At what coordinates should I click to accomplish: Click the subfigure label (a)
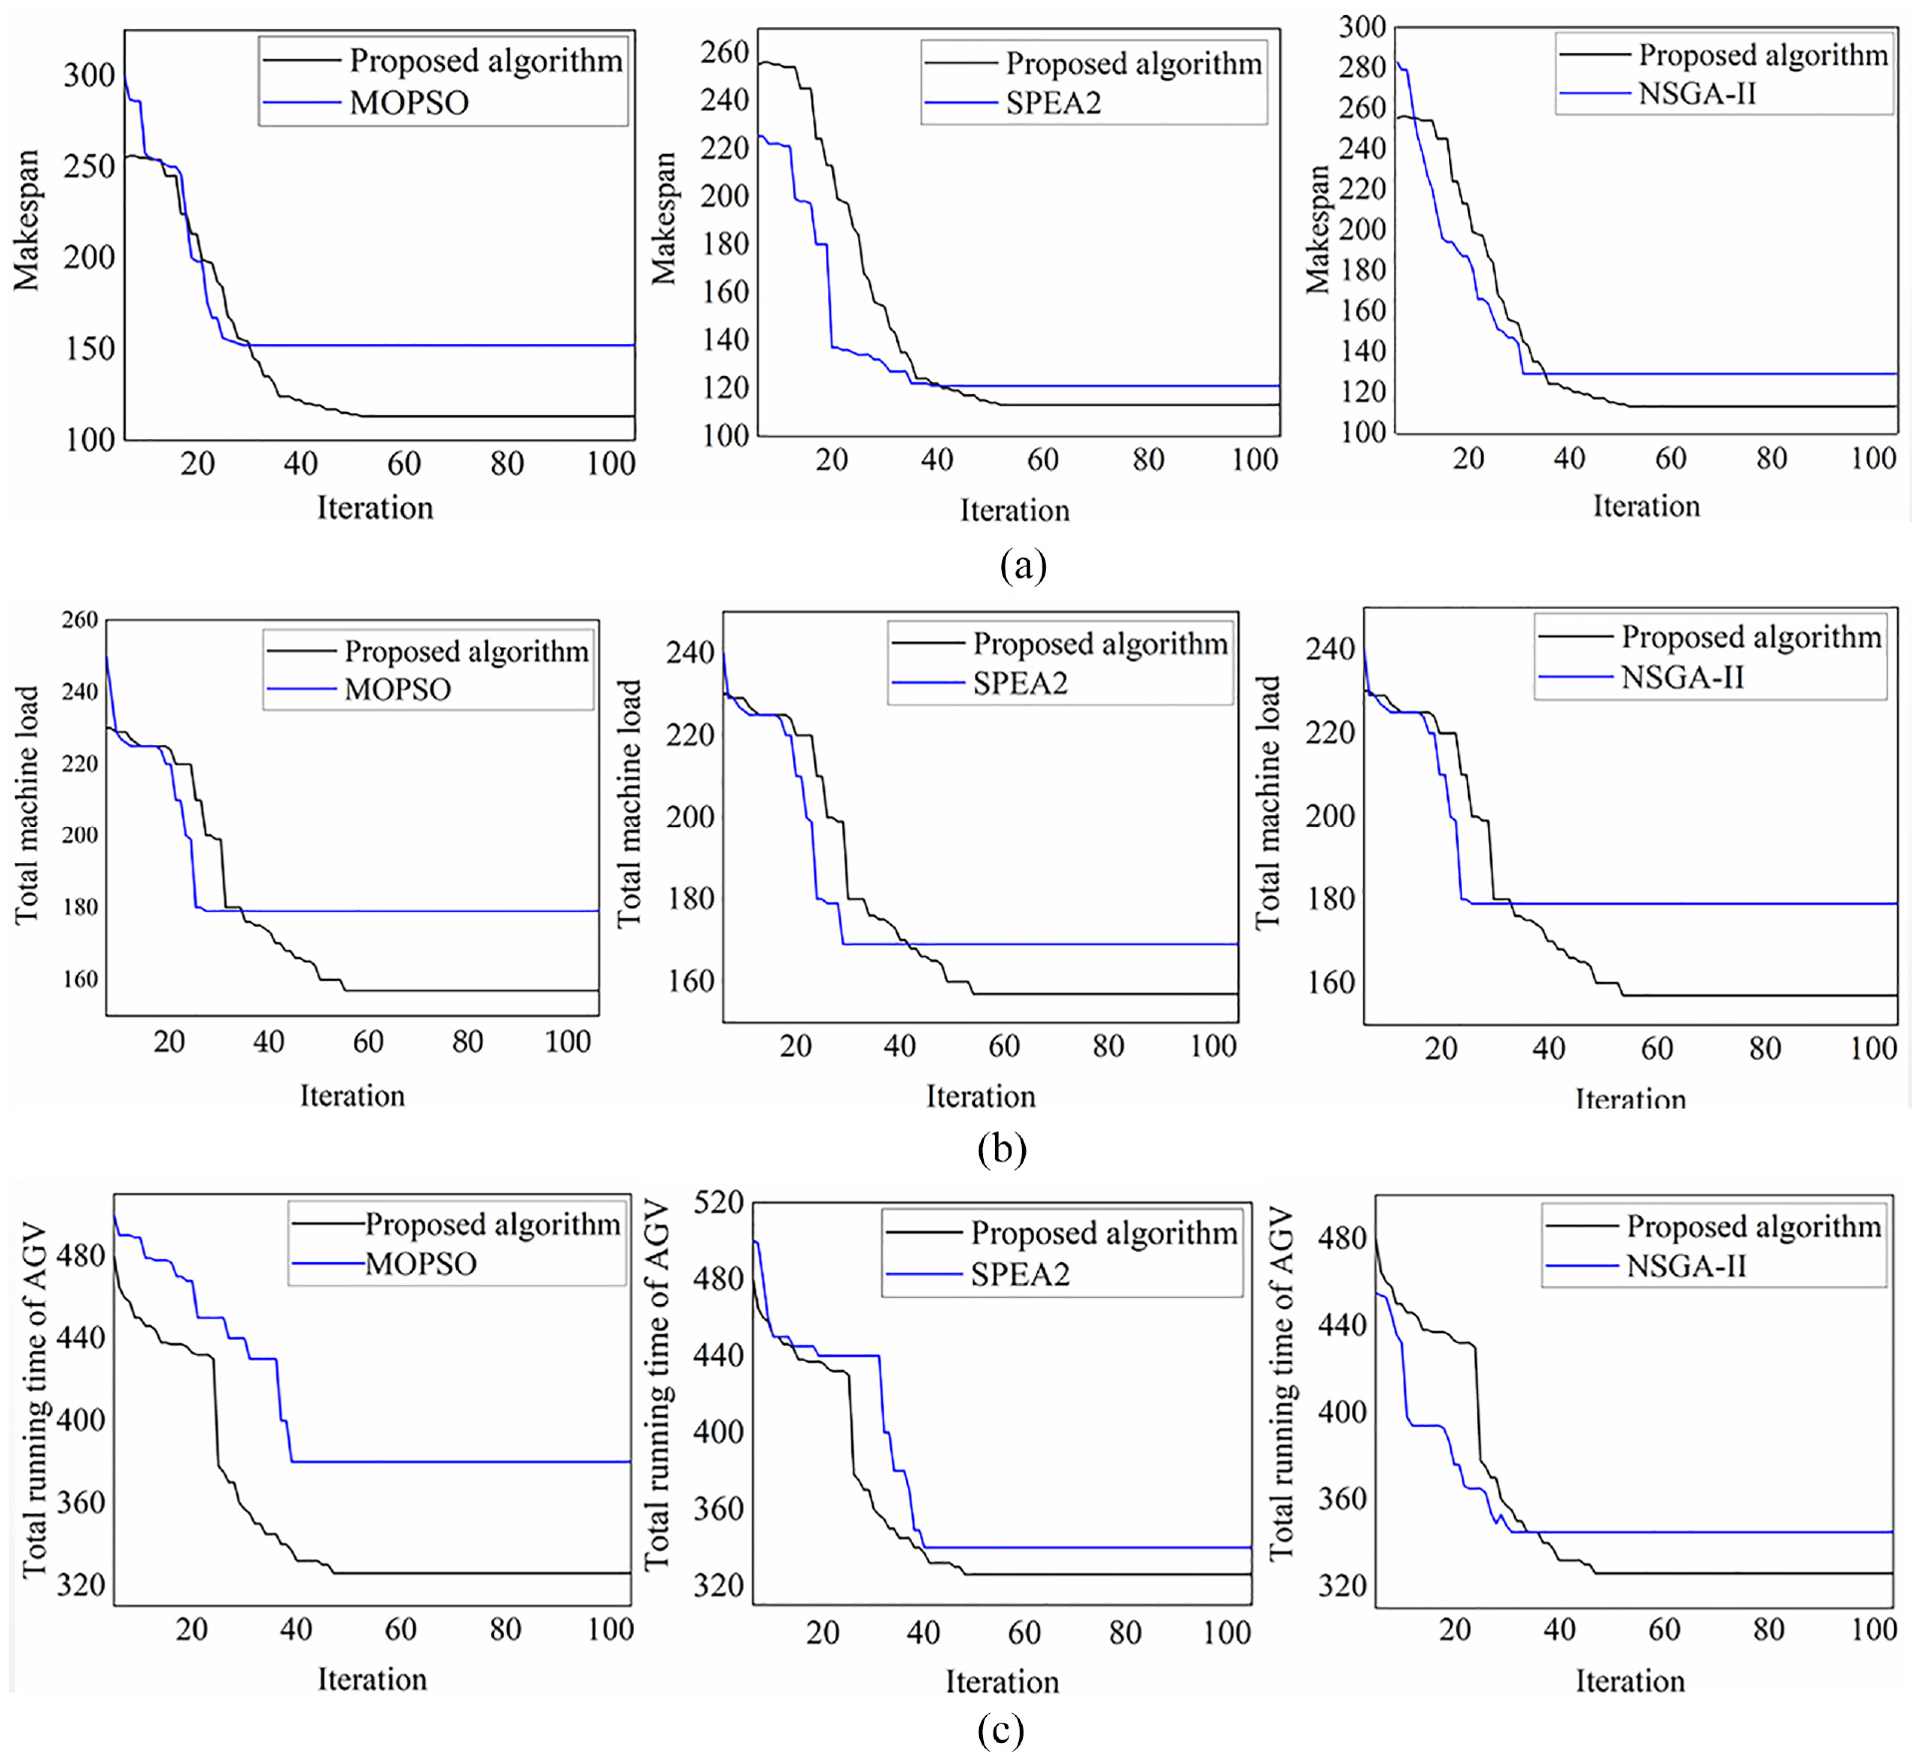click(x=1023, y=565)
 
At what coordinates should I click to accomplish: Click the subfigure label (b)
click(x=1002, y=1148)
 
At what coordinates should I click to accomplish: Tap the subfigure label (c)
click(x=1001, y=1729)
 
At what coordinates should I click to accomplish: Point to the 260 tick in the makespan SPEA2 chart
click(x=724, y=52)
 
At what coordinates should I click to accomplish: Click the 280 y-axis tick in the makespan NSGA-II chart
click(x=1362, y=67)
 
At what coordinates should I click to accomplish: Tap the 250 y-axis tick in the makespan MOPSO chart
click(x=89, y=166)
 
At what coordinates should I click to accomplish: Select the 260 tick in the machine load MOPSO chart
click(x=80, y=620)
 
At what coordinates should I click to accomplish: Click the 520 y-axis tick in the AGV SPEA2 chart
click(x=719, y=1202)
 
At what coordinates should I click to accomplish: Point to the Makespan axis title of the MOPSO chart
click(x=26, y=220)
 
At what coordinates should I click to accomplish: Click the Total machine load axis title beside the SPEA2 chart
click(x=629, y=803)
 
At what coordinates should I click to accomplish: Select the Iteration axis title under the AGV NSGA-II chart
click(x=1630, y=1681)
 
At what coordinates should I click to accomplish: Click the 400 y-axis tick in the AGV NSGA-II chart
click(x=1342, y=1412)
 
